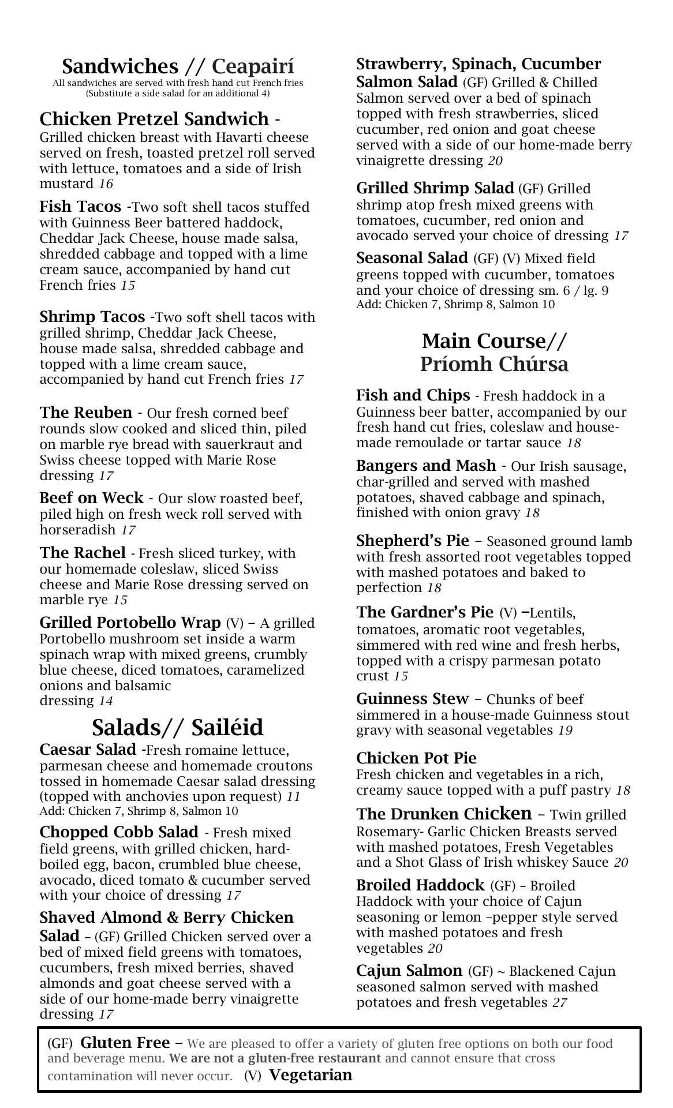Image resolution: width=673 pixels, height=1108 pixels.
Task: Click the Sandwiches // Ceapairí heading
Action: click(x=178, y=66)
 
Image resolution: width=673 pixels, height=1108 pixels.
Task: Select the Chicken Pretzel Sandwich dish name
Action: click(x=154, y=119)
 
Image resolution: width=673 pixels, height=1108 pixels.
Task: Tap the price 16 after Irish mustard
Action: click(x=106, y=184)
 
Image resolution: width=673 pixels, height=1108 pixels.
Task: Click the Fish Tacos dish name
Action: click(x=80, y=207)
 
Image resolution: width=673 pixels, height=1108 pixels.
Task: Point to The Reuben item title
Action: click(x=85, y=413)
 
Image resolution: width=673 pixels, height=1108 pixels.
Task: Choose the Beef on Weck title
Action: click(x=91, y=498)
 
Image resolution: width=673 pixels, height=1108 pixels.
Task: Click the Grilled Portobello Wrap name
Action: click(x=130, y=623)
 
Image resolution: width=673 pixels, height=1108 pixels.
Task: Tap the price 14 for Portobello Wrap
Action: click(x=106, y=701)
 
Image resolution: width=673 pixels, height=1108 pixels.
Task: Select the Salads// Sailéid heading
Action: click(x=177, y=727)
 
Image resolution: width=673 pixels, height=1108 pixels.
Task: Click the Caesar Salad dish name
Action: click(x=88, y=750)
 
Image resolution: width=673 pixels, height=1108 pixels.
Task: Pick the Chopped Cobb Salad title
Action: click(x=118, y=832)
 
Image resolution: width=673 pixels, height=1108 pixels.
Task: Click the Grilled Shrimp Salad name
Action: click(x=435, y=188)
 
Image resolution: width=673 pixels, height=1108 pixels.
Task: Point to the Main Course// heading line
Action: click(x=495, y=341)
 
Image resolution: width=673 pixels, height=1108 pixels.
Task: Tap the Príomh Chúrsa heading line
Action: click(x=494, y=364)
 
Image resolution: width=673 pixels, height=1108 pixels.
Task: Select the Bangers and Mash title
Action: click(x=426, y=466)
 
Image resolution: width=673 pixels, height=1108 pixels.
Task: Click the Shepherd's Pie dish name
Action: click(x=413, y=541)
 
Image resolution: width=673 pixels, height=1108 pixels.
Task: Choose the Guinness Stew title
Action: click(x=412, y=699)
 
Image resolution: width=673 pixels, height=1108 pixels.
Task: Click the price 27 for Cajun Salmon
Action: click(x=559, y=1002)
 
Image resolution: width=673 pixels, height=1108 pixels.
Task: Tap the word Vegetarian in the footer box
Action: click(x=311, y=1075)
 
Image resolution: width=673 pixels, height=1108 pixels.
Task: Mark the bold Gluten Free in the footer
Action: click(x=125, y=1042)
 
